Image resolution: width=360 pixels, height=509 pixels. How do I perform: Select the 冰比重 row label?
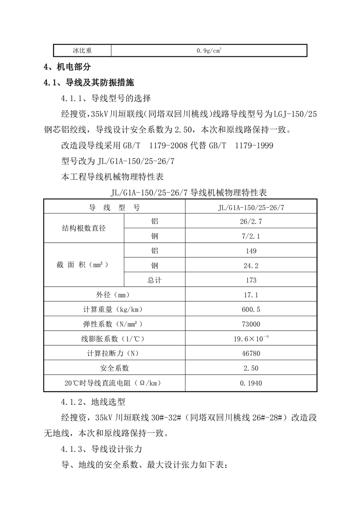click(82, 50)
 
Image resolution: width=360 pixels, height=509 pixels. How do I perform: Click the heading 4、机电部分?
click(67, 67)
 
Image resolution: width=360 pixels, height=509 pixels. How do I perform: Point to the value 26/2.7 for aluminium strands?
click(251, 221)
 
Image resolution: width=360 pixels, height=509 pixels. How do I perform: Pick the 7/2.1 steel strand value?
click(251, 236)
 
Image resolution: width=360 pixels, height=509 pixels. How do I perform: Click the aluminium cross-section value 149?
click(251, 251)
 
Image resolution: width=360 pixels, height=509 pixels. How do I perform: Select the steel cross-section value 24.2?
click(251, 265)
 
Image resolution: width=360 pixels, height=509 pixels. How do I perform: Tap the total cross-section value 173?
click(251, 280)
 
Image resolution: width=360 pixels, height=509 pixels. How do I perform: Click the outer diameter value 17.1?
click(251, 295)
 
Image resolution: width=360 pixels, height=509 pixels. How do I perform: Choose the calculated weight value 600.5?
click(251, 309)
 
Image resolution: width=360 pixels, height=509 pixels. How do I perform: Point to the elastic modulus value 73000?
click(251, 324)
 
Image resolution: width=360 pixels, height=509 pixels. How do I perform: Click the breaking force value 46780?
click(251, 353)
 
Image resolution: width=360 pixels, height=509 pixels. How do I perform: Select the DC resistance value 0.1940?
click(251, 383)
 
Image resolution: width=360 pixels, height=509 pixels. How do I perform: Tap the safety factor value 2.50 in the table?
click(251, 368)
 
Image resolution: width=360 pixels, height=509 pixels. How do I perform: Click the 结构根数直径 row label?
click(84, 229)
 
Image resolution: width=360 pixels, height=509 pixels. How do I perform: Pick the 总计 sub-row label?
click(154, 280)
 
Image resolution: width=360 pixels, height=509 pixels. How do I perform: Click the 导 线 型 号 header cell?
click(114, 207)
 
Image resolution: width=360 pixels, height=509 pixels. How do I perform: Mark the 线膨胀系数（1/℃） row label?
click(114, 339)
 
